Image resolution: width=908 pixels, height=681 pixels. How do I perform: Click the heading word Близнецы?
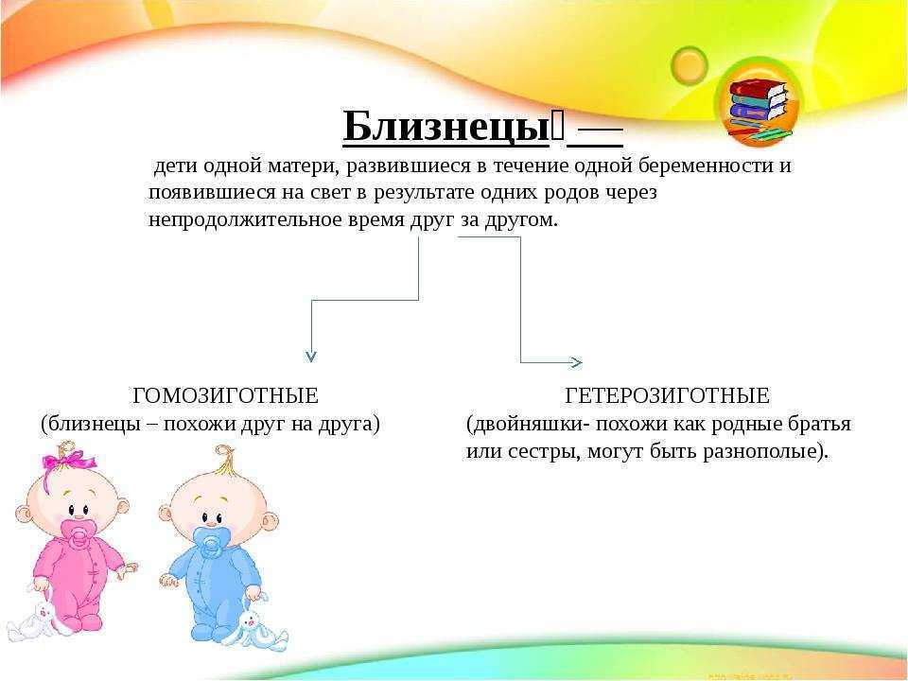[445, 126]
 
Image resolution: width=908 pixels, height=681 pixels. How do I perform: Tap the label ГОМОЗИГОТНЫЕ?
[225, 396]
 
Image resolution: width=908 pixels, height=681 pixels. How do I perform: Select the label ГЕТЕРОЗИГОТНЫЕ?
[667, 396]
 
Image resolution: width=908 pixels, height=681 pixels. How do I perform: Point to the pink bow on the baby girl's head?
[68, 461]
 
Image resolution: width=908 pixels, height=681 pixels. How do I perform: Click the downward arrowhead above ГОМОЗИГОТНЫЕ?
[311, 356]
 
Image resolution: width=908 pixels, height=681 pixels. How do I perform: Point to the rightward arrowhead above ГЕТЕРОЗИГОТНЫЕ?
[576, 362]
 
